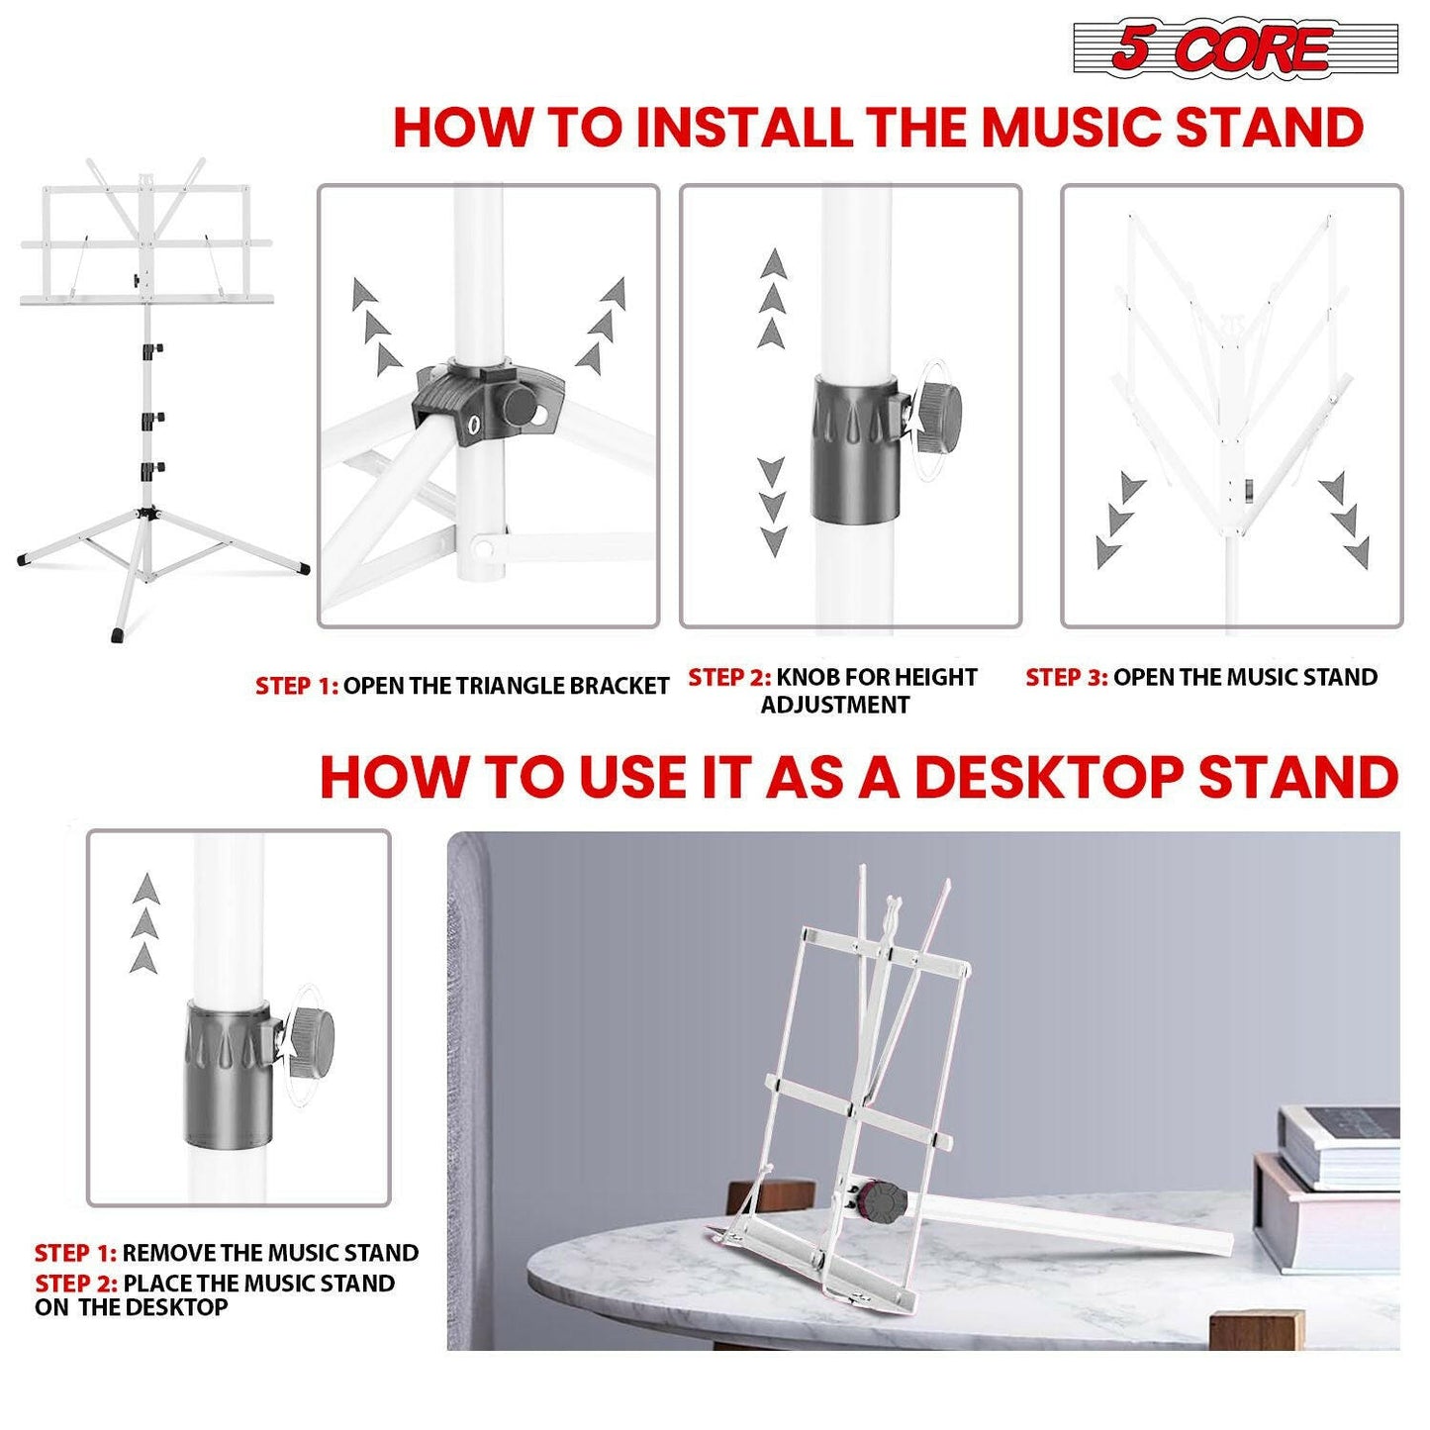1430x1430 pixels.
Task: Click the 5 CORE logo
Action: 1234,48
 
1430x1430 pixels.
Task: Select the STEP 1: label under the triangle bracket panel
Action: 296,687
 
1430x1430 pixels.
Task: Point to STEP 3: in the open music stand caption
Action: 1066,678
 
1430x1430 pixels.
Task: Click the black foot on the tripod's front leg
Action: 119,633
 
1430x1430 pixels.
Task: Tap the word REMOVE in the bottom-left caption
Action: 169,1254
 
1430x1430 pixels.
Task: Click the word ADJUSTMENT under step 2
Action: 834,706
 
